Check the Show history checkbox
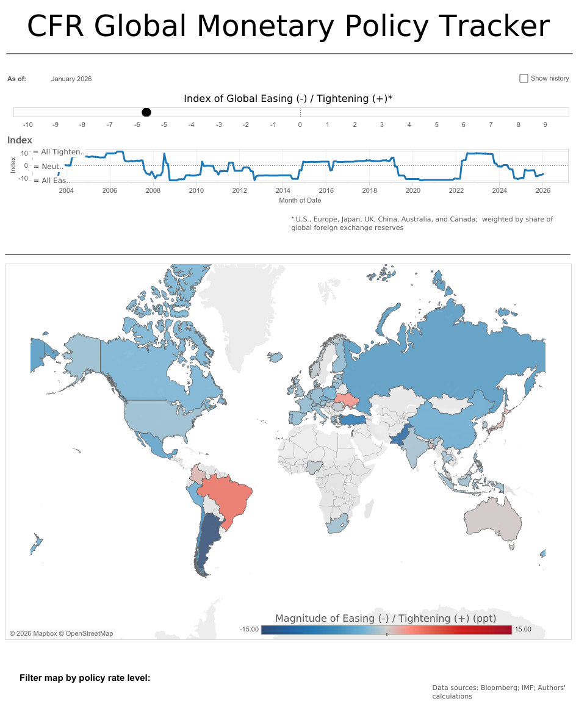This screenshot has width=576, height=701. click(524, 78)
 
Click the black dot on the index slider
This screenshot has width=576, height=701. click(146, 112)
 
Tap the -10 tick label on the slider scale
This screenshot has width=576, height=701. click(27, 124)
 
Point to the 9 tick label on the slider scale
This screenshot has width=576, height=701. click(545, 124)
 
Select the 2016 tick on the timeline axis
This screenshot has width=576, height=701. click(326, 190)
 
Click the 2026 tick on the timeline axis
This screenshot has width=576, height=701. click(542, 190)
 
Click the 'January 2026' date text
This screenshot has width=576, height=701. click(71, 79)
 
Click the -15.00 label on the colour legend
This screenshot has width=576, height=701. click(249, 629)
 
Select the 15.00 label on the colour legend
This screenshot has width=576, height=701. click(523, 629)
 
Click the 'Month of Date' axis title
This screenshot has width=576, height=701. click(300, 200)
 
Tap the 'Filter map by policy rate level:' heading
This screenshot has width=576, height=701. click(85, 678)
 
